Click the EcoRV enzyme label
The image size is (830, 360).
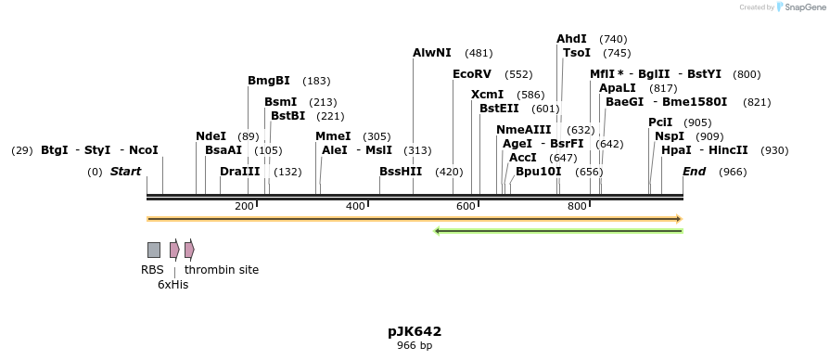click(x=471, y=74)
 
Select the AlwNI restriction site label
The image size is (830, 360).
click(x=431, y=53)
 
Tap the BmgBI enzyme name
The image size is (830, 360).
click(x=268, y=81)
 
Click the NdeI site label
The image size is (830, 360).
click(x=211, y=136)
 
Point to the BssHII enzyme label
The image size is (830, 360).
click(x=400, y=172)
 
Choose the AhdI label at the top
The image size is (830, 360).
click(x=571, y=39)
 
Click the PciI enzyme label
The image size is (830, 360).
click(x=660, y=122)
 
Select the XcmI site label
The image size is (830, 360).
click(x=487, y=95)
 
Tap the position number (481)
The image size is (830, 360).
click(x=479, y=54)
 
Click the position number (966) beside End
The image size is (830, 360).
click(x=733, y=172)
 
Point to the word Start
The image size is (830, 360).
click(x=125, y=172)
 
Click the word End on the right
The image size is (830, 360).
click(x=694, y=172)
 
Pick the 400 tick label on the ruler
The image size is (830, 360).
click(x=355, y=206)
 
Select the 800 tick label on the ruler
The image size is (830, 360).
click(x=577, y=206)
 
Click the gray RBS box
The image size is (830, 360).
click(x=154, y=250)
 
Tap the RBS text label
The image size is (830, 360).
click(x=152, y=270)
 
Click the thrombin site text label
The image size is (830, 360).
click(x=222, y=270)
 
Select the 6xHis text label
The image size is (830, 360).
click(x=172, y=285)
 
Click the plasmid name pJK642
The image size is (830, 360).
click(x=415, y=331)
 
